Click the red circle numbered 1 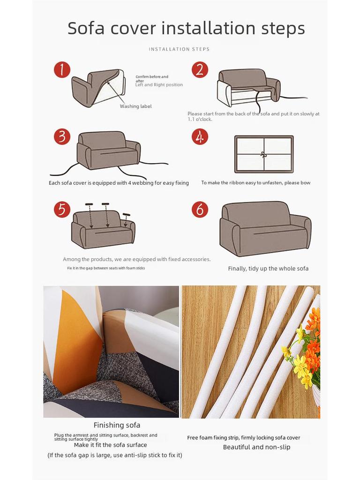tap(62, 70)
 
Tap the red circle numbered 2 tap(200, 70)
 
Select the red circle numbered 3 tap(62, 137)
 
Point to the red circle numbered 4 tap(200, 137)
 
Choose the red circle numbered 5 tap(62, 210)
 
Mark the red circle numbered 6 tap(200, 210)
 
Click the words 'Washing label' tap(135, 106)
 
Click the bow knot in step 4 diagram tap(264, 155)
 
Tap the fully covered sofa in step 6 tap(265, 228)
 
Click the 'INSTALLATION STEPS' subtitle tap(179, 49)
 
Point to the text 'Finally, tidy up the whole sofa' tap(268, 269)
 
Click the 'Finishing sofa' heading tap(117, 425)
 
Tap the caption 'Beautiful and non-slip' tap(256, 447)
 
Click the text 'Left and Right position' tap(159, 85)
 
